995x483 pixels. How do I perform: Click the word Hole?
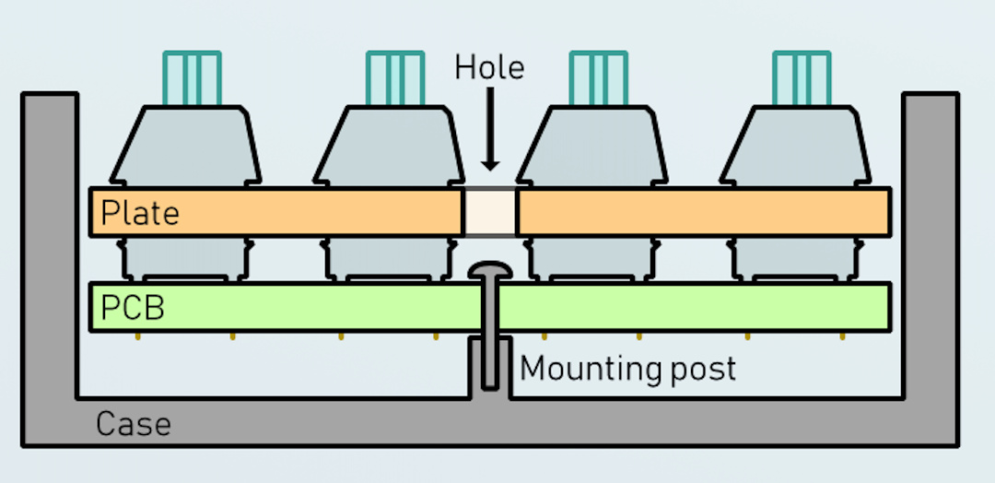(489, 67)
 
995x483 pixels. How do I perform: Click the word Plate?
(140, 213)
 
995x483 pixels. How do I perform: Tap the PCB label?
(132, 307)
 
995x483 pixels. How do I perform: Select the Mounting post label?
(628, 369)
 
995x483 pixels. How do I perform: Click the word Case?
(133, 425)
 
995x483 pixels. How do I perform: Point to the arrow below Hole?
(490, 130)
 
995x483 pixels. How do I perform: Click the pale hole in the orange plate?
(489, 211)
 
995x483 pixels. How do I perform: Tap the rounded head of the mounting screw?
(490, 271)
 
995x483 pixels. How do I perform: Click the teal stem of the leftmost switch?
(193, 77)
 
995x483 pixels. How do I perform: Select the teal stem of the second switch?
(395, 77)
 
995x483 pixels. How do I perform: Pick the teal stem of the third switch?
(599, 77)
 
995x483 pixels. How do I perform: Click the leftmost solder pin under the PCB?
(137, 336)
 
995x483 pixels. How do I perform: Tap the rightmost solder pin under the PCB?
(842, 336)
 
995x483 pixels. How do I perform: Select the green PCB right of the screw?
(691, 307)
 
